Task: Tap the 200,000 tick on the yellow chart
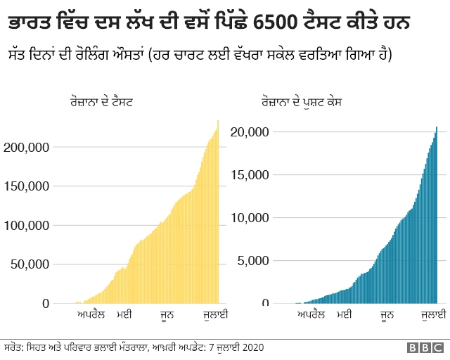pos(26,148)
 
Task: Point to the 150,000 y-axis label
pos(26,186)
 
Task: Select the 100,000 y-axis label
pos(26,226)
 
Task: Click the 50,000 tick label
pos(29,264)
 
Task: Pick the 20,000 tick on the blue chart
pos(250,131)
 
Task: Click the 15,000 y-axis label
pos(250,174)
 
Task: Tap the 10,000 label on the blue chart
pos(250,217)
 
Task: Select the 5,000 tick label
pos(253,261)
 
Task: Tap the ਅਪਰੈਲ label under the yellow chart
pos(91,314)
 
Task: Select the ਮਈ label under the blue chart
pos(345,314)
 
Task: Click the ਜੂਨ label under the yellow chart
pos(167,314)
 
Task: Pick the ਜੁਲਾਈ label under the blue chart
pos(430,314)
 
